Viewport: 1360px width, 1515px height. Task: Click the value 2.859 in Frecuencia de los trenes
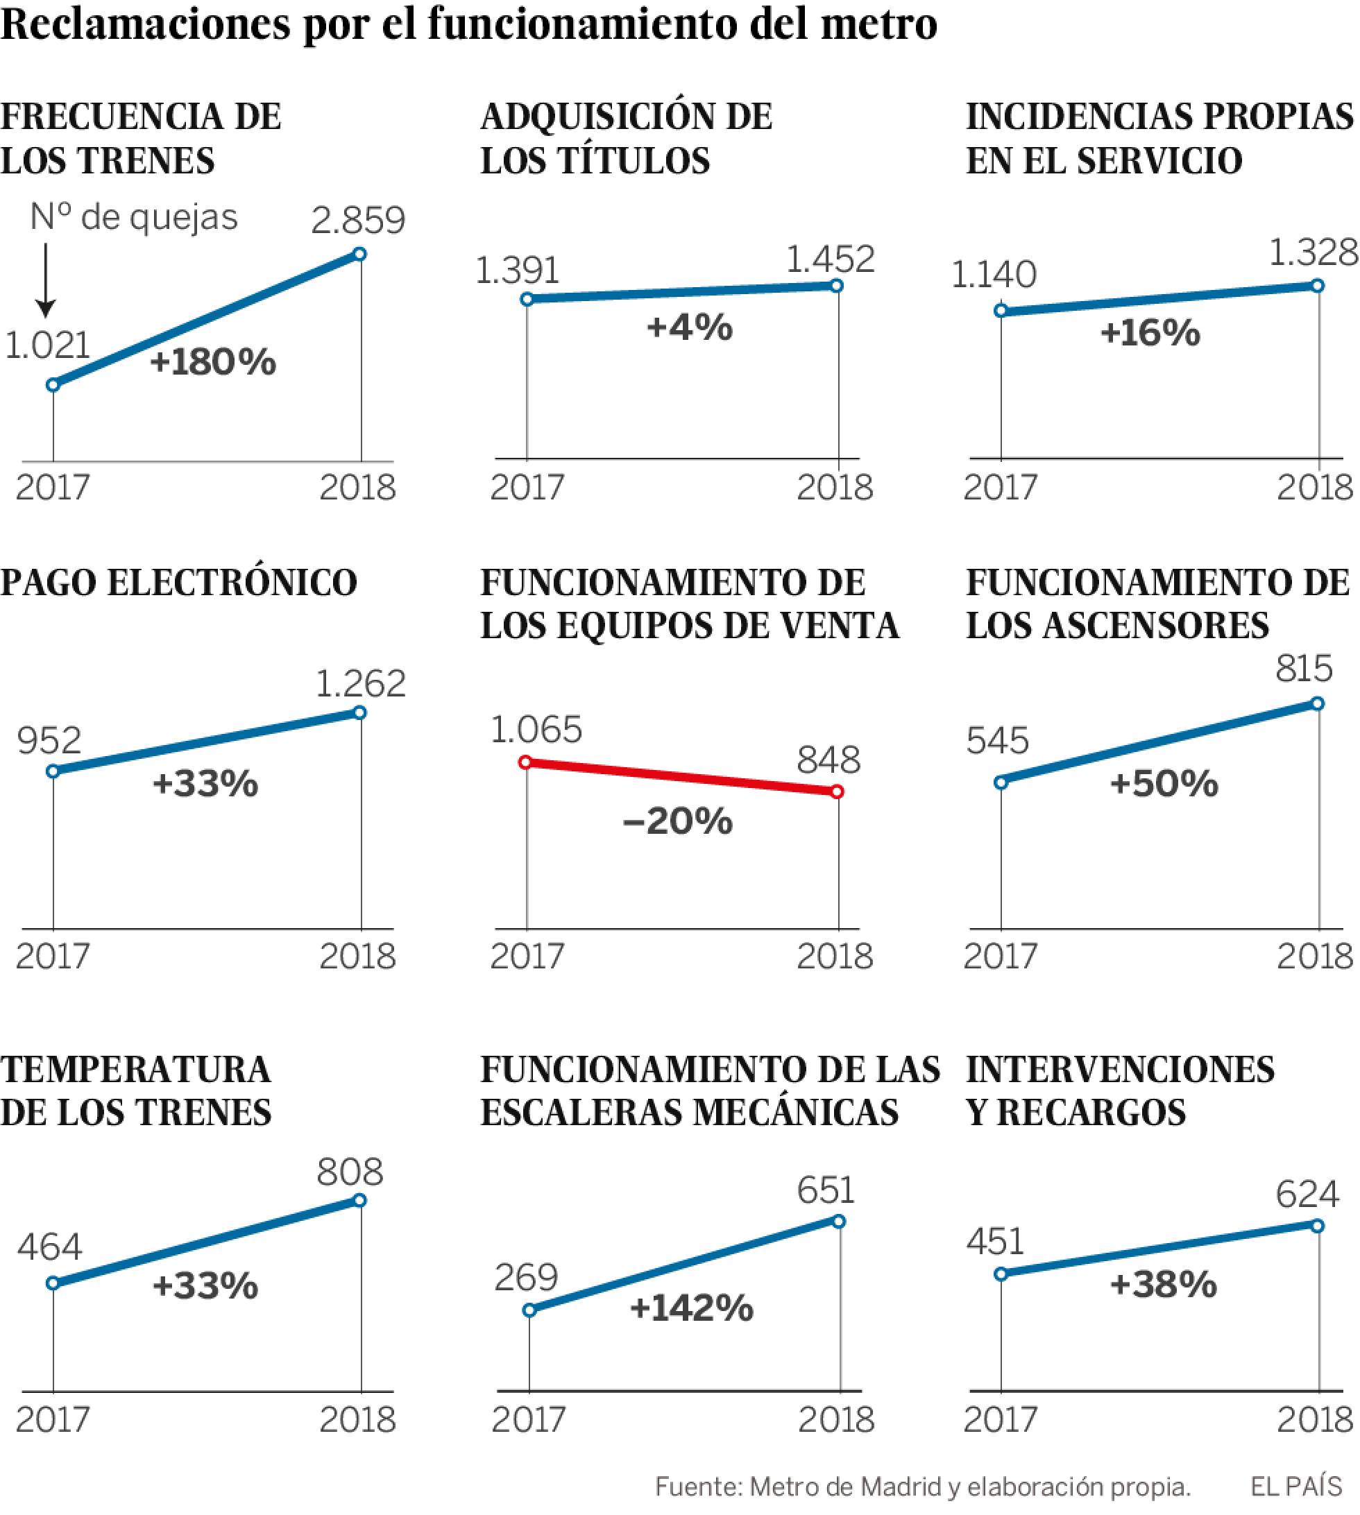(358, 221)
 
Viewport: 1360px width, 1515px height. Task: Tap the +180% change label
(213, 362)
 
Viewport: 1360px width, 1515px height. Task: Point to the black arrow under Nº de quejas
(46, 280)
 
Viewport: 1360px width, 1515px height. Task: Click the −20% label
(678, 822)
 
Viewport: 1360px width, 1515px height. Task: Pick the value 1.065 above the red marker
(536, 730)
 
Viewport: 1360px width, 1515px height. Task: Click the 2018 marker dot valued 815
(1318, 703)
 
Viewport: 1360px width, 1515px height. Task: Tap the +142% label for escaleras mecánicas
(692, 1308)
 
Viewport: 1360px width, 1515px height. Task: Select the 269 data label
(525, 1278)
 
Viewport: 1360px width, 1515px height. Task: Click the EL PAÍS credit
(1296, 1487)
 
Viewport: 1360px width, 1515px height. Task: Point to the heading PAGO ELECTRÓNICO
(179, 583)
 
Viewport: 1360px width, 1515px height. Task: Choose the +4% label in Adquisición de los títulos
(689, 328)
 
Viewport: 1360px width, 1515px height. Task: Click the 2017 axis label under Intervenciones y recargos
(1000, 1419)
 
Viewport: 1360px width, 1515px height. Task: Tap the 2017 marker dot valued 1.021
(53, 386)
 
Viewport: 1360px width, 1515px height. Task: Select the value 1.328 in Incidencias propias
(1313, 254)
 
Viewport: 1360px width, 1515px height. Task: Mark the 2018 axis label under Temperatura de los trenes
(357, 1419)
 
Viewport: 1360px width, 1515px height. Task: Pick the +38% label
(1164, 1284)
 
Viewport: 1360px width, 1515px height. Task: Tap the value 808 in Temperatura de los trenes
(350, 1172)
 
